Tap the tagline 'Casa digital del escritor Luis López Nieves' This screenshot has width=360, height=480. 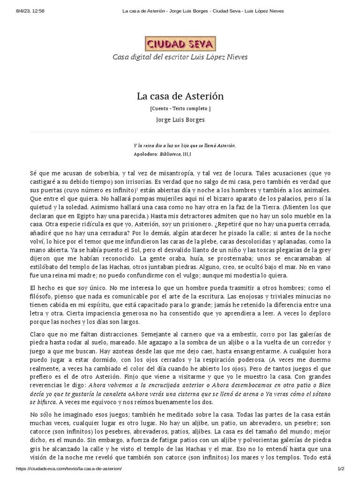coord(180,57)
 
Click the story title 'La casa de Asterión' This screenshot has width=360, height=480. coord(180,96)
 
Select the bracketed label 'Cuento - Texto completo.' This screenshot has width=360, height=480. coord(180,108)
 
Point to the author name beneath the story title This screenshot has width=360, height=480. coord(180,120)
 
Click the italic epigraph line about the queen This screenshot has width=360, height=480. coord(185,146)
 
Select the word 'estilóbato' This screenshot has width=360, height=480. coord(45,267)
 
